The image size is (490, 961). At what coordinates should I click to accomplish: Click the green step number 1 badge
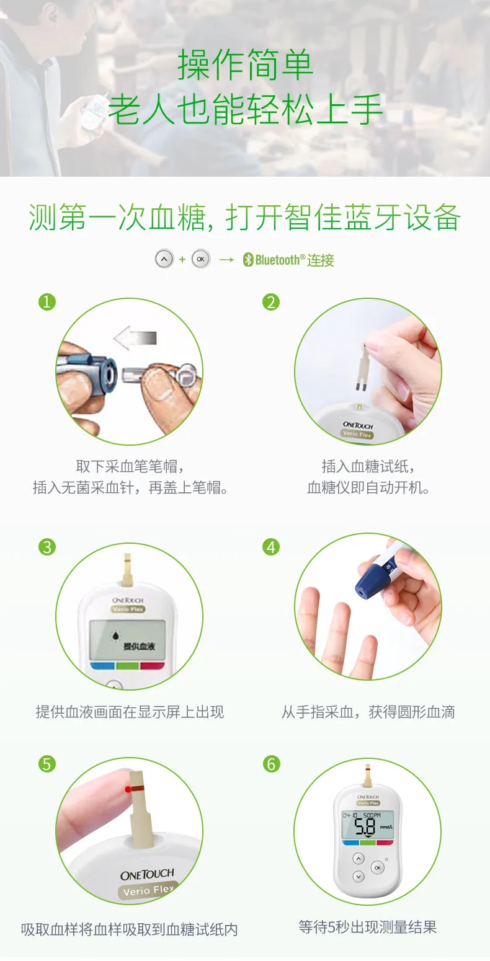[x=47, y=302]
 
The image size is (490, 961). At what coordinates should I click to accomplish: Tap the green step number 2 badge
[x=271, y=302]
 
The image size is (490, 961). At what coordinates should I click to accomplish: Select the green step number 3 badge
[x=47, y=547]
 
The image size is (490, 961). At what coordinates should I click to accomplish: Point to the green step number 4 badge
[x=271, y=547]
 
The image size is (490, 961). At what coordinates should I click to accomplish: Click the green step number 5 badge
[x=47, y=764]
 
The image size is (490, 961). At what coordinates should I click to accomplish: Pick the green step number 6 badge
[x=271, y=764]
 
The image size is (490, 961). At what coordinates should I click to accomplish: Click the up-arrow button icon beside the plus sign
[x=164, y=259]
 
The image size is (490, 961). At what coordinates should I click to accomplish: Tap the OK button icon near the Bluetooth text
[x=201, y=259]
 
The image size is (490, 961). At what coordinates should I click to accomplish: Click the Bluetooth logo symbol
[x=248, y=260]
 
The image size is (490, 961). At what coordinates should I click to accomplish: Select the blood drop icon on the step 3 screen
[x=115, y=635]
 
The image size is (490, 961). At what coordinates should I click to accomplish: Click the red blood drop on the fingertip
[x=127, y=789]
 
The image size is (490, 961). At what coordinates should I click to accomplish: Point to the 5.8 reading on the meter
[x=365, y=826]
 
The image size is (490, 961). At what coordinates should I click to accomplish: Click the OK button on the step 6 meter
[x=378, y=867]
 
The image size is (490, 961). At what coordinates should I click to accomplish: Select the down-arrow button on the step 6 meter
[x=359, y=877]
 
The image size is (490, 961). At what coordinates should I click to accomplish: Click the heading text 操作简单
[x=245, y=64]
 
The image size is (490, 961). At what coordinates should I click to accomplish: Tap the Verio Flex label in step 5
[x=148, y=890]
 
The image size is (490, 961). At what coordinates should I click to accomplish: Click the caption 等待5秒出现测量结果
[x=368, y=927]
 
